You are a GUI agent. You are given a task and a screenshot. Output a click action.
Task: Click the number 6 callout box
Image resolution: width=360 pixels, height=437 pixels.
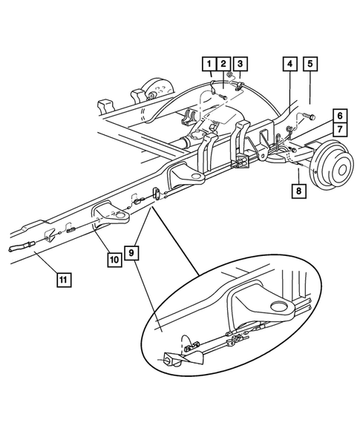coord(338,116)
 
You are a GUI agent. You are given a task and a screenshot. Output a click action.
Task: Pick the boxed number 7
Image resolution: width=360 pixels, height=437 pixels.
coord(338,131)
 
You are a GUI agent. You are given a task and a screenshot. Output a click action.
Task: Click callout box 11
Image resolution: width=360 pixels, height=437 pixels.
coord(64,280)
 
